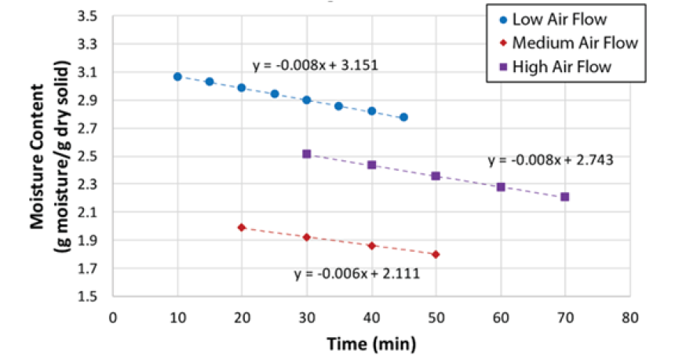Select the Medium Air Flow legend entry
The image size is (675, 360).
pos(569,43)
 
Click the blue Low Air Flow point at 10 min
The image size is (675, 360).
pos(177,76)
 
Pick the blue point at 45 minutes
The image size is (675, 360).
pos(403,117)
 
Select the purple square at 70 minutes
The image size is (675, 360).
pos(564,197)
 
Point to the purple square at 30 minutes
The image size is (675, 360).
pos(306,154)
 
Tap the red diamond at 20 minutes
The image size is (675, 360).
pos(242,227)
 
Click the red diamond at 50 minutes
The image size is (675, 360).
pos(436,254)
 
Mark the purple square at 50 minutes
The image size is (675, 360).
pos(436,176)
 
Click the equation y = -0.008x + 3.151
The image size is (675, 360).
pos(316,65)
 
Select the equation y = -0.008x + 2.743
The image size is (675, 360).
pos(550,160)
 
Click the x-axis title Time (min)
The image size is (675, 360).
pos(372,344)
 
